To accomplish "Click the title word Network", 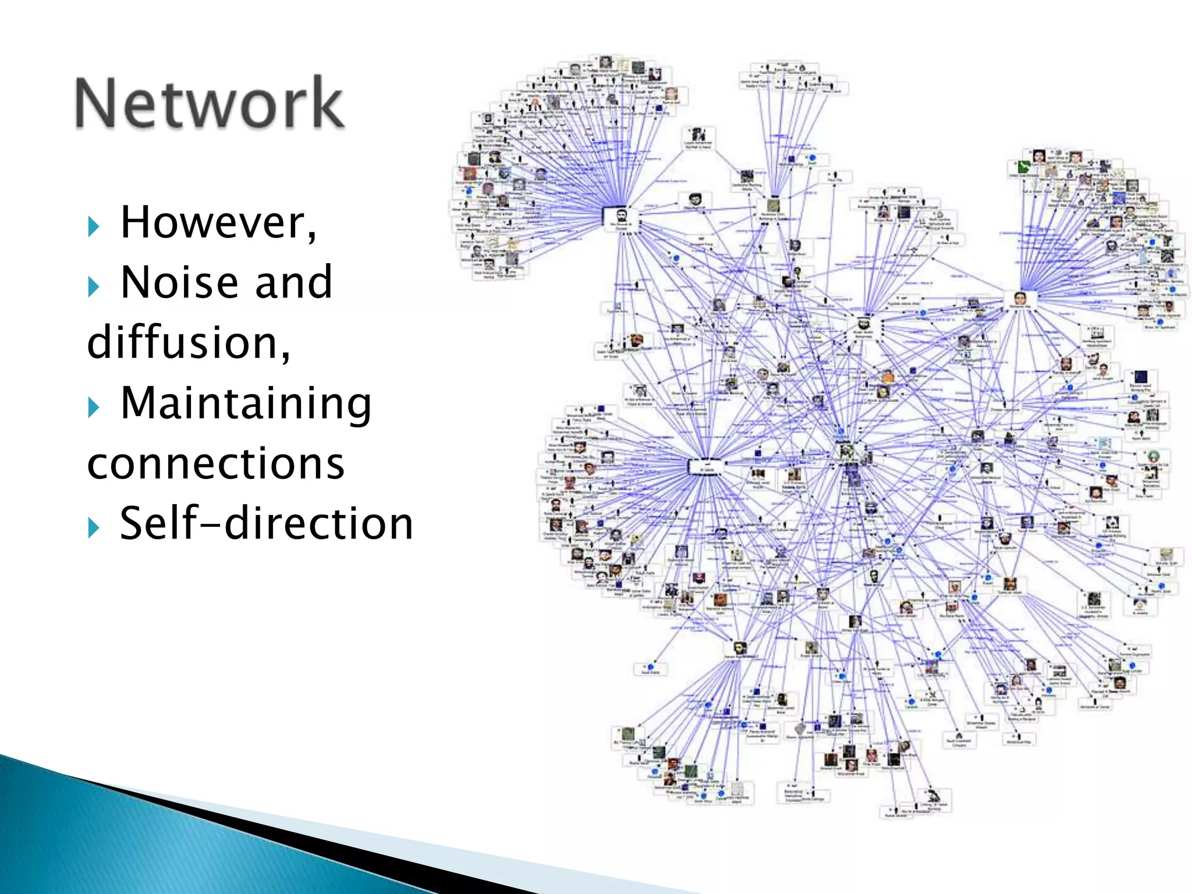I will click(210, 103).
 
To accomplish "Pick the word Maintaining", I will click(246, 403).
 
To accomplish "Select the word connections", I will click(215, 464).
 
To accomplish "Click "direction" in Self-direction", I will click(319, 524).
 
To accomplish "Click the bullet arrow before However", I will click(93, 226).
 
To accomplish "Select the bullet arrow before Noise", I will click(93, 287).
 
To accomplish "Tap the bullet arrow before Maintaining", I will click(93, 407).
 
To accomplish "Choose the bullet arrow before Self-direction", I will click(93, 528).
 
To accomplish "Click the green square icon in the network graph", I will click(1023, 168).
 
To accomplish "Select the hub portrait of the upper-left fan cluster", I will click(621, 217).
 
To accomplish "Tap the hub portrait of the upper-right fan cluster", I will click(1020, 298).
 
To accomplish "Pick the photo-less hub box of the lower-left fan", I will click(705, 466).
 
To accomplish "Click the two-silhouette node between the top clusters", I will click(698, 136).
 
